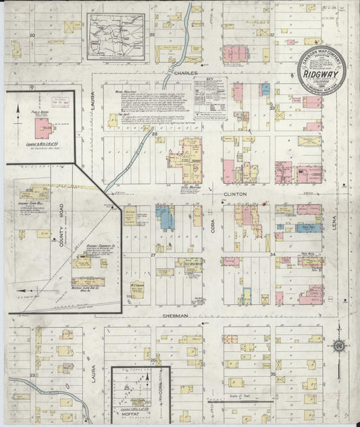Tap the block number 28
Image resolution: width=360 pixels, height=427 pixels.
(x=154, y=134)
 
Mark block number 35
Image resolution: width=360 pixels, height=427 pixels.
(x=273, y=373)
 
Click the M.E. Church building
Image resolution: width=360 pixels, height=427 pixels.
(x=137, y=288)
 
